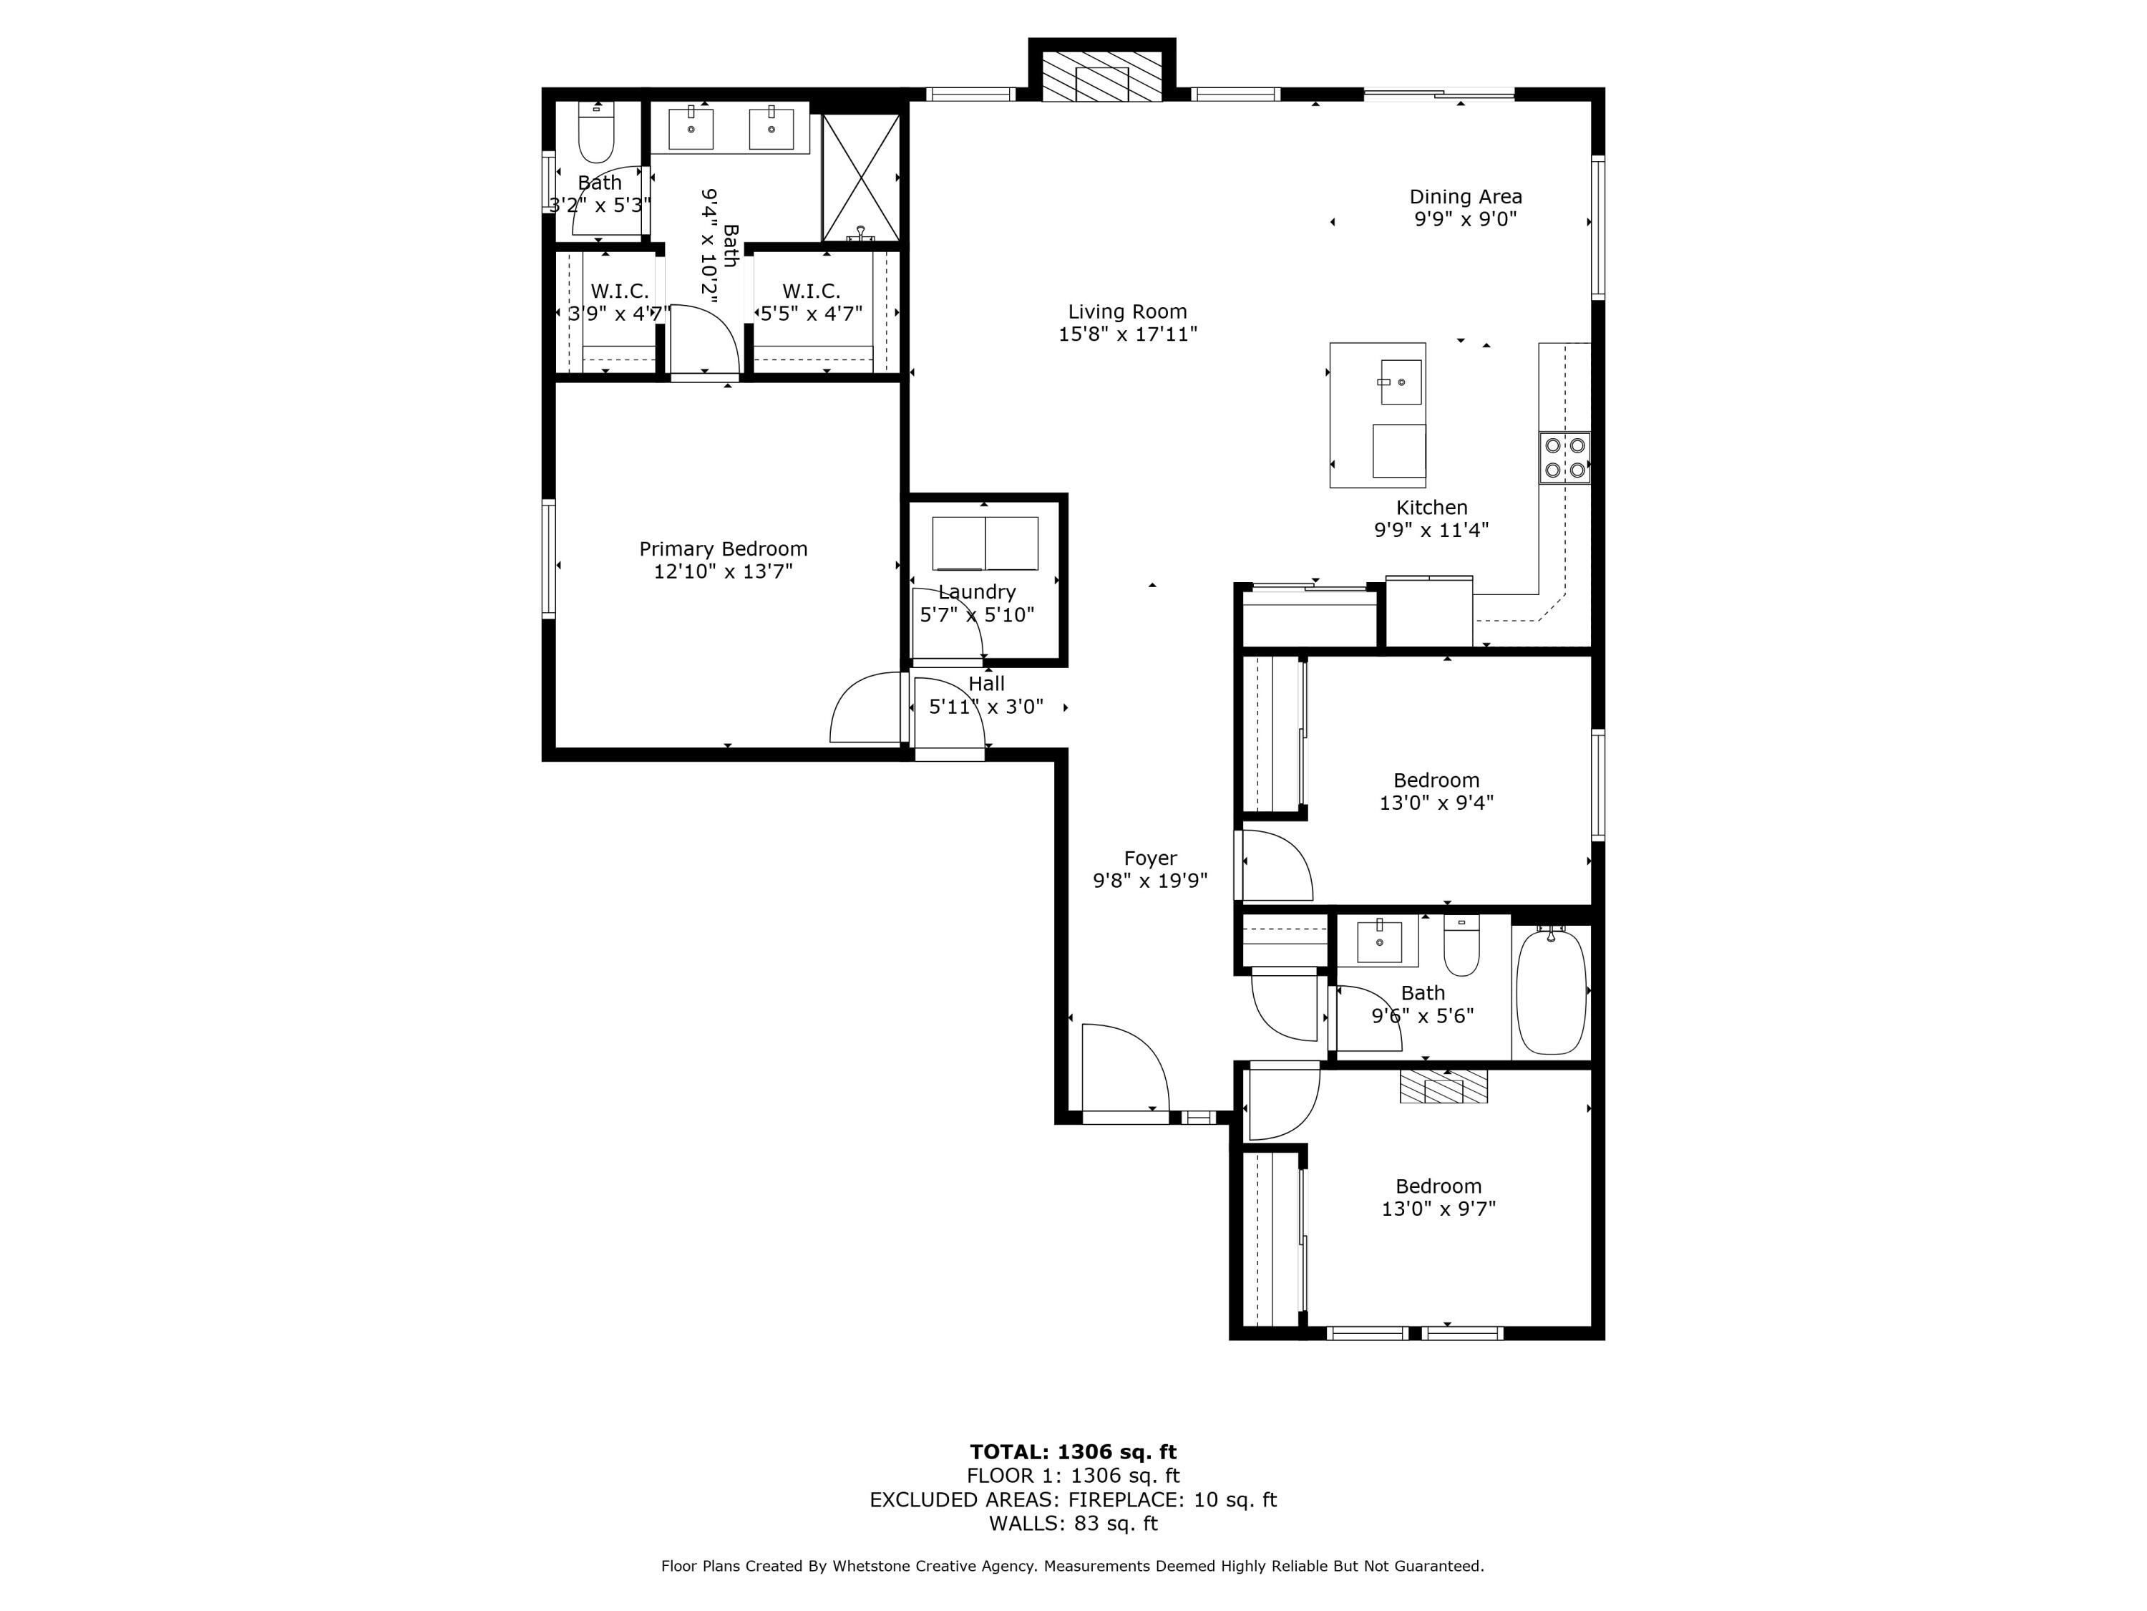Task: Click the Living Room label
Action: coord(1127,311)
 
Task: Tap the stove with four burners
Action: coord(1564,458)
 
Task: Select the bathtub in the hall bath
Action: coord(1551,990)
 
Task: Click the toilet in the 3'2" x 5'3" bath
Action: coord(596,136)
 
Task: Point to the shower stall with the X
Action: coord(860,177)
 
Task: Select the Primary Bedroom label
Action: coord(723,548)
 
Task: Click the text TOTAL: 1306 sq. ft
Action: coord(1073,1452)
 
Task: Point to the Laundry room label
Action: coord(976,592)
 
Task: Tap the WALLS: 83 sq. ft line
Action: coord(1073,1524)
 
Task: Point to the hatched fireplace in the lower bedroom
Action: coord(1443,1087)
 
